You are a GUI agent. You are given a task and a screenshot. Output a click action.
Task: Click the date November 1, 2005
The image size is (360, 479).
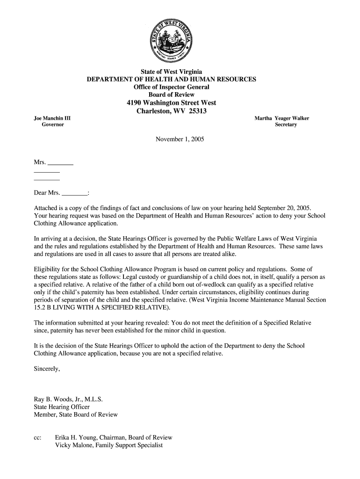(x=180, y=139)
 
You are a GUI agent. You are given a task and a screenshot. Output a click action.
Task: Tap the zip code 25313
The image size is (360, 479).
(x=197, y=111)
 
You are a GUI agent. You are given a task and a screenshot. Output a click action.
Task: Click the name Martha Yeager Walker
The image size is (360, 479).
(x=281, y=118)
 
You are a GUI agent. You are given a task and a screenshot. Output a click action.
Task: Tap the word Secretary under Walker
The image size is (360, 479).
(x=286, y=125)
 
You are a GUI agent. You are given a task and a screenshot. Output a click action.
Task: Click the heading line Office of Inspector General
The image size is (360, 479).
(x=172, y=87)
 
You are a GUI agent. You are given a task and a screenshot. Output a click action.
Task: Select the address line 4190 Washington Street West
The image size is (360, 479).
(x=172, y=103)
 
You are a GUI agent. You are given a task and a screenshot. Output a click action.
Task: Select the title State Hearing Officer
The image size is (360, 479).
(x=62, y=406)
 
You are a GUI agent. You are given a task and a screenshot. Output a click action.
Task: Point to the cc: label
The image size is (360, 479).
(x=38, y=438)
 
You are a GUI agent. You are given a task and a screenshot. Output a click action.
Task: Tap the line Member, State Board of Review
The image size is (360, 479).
(x=76, y=414)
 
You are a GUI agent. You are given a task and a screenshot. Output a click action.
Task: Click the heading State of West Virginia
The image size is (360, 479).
(x=172, y=72)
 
